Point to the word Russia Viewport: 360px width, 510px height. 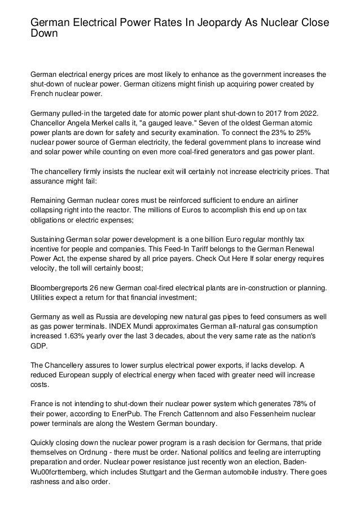tap(100, 318)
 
